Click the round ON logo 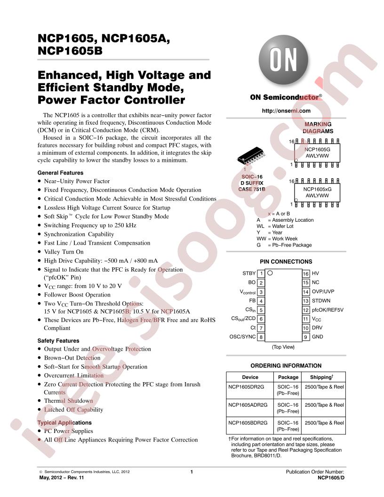(x=283, y=60)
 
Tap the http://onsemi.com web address (x=286, y=111)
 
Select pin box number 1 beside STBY (x=261, y=273)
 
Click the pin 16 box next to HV (x=306, y=273)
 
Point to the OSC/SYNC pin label (x=242, y=337)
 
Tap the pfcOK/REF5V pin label (x=328, y=310)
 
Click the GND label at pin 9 (x=318, y=337)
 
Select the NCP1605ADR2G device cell (x=248, y=405)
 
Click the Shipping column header (x=321, y=377)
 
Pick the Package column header (x=288, y=377)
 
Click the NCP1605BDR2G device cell (x=248, y=423)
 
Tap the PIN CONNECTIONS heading (x=286, y=262)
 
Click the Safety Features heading (x=58, y=341)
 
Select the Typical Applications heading (x=64, y=423)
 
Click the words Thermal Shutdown (x=68, y=401)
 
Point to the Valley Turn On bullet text (x=64, y=252)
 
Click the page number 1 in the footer (x=192, y=472)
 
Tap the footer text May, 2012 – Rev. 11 (x=62, y=477)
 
